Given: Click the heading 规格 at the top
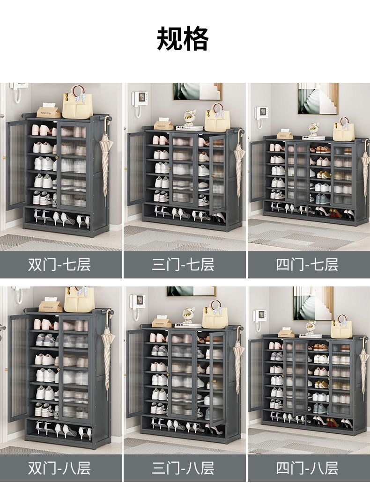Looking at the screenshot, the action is point(183,39).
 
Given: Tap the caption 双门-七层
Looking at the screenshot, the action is point(59,264).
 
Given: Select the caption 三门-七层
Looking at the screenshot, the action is point(183,264).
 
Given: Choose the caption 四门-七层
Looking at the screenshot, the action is point(307,264).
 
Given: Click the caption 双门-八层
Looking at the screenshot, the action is point(59,468).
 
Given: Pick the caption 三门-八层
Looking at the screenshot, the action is point(183,468).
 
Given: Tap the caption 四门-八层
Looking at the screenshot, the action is point(307,468).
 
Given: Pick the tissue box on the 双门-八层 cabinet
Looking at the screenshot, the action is point(50,305).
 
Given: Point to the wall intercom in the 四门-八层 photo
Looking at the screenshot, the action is point(259,318).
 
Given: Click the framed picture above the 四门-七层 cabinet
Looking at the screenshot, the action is point(318,99).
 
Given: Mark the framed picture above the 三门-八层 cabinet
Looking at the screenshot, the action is point(192,291).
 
